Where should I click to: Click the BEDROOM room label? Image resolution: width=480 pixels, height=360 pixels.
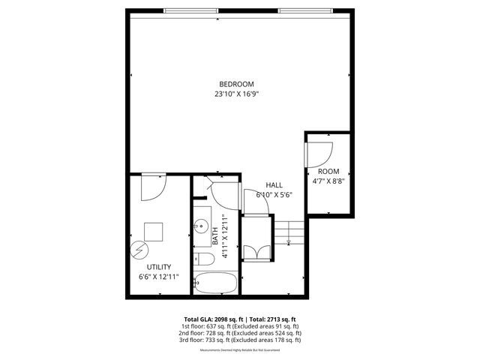click(236, 83)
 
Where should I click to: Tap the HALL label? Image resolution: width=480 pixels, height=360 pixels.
click(274, 184)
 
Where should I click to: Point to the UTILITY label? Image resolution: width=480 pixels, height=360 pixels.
click(158, 267)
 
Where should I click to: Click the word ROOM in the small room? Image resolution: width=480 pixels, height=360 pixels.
click(328, 171)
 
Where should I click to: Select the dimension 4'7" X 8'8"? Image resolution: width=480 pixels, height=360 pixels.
click(328, 181)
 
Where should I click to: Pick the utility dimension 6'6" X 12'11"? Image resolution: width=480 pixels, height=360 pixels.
click(158, 277)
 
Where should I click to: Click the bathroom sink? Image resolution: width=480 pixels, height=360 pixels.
click(202, 226)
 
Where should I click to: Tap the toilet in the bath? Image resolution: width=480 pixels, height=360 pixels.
click(205, 259)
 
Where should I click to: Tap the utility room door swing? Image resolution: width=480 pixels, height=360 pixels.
click(152, 186)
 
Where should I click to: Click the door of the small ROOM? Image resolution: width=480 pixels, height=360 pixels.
click(318, 153)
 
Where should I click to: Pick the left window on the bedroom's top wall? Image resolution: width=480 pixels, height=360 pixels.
click(191, 10)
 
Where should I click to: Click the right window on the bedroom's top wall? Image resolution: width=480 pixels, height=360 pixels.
click(304, 10)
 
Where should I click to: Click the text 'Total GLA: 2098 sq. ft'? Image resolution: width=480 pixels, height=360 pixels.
click(211, 318)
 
